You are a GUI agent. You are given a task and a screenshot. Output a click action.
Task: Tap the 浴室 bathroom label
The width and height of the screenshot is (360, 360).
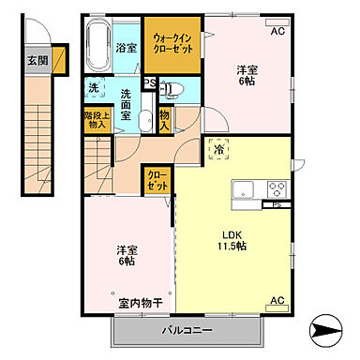coord(127,47)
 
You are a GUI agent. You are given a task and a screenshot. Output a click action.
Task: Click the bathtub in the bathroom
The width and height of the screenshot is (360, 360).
coord(98,43)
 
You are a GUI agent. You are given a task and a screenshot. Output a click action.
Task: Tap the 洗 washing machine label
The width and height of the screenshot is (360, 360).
coord(94,88)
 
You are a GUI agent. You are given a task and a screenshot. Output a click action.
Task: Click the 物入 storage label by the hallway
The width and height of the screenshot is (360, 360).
coord(163,119)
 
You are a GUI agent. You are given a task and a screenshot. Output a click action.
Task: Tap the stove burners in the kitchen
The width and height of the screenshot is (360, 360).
coord(278,187)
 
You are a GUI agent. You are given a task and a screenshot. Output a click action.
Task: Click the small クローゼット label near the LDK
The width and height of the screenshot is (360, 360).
coord(157,181)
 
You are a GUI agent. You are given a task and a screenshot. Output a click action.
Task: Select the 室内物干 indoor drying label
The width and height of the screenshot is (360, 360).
coord(141,303)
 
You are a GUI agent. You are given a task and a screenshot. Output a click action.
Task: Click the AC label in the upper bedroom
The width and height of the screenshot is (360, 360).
coord(277,31)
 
